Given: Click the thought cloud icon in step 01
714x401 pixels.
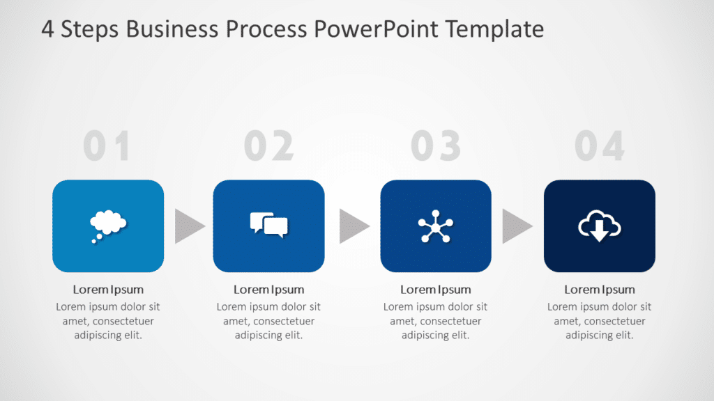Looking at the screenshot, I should point(108,225).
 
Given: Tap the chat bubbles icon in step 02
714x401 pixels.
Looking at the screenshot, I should point(268,225).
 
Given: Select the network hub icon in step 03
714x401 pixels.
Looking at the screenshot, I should point(436,227).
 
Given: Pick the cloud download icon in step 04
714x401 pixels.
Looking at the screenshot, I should point(600,226).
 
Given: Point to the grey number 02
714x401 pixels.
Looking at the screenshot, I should point(269,147).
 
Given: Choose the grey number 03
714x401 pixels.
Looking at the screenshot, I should point(436,147).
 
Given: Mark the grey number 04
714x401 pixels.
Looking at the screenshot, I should point(600,147).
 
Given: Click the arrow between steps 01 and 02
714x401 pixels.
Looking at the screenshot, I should point(188,226).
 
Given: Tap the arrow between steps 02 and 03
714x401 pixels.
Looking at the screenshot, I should point(353,226).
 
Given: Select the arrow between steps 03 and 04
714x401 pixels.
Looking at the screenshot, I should point(516,226).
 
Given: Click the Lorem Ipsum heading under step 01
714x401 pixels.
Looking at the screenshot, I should point(108,290).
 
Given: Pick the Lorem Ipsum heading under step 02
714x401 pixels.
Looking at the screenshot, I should point(268,290).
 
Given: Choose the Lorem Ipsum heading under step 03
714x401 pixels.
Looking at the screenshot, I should point(436,290).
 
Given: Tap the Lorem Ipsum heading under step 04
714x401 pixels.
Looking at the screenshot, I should point(600,290).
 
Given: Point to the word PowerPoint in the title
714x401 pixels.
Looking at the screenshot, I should point(377,30).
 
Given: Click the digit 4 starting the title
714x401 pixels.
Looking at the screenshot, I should point(47,30).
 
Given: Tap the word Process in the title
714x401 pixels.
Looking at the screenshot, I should point(267,30).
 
